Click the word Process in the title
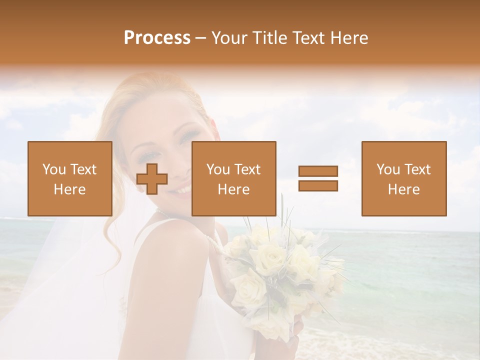pyautogui.click(x=157, y=38)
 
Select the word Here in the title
pyautogui.click(x=349, y=38)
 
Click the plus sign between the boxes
pyautogui.click(x=152, y=179)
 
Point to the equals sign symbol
pyautogui.click(x=318, y=178)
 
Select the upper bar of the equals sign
pyautogui.click(x=318, y=171)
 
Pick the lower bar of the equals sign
pyautogui.click(x=318, y=185)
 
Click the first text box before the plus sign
pyautogui.click(x=69, y=178)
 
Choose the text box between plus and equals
pyautogui.click(x=233, y=178)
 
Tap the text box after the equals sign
pyautogui.click(x=403, y=178)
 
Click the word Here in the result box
pyautogui.click(x=403, y=189)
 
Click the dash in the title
pyautogui.click(x=200, y=38)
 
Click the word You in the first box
pyautogui.click(x=53, y=169)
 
